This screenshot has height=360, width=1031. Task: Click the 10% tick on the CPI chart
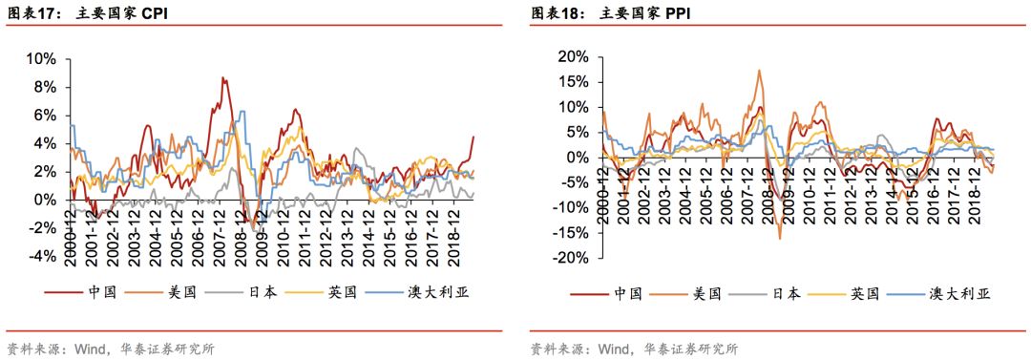click(x=43, y=58)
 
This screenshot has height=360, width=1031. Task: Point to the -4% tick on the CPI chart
click(x=43, y=257)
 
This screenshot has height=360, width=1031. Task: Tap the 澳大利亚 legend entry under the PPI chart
click(x=959, y=293)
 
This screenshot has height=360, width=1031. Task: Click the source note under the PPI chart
click(x=633, y=349)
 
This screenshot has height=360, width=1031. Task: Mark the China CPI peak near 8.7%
click(x=222, y=78)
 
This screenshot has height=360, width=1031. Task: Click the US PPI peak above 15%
click(x=759, y=70)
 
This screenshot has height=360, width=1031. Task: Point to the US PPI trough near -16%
click(x=779, y=238)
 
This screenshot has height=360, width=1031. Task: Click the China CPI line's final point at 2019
click(x=473, y=137)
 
